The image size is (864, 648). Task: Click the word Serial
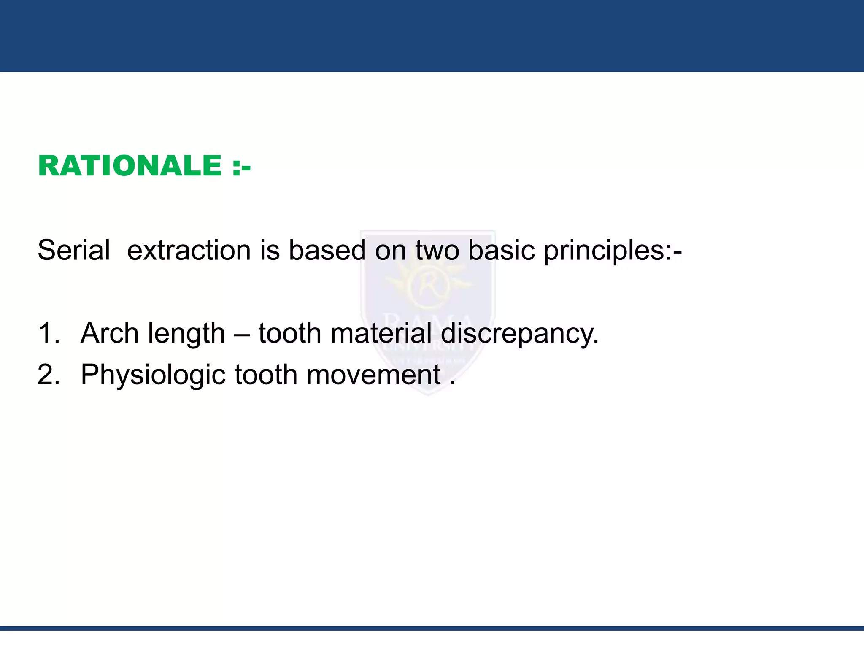coord(74,250)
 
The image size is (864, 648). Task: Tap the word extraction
coord(189,250)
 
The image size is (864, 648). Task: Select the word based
coord(327,250)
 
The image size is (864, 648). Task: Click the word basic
coord(501,250)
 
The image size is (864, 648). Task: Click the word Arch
coord(110,333)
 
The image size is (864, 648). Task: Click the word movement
coord(373,375)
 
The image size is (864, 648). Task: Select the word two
coord(437,250)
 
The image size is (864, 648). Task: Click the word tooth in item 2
coord(266,375)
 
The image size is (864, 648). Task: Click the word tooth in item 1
coord(290,333)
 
